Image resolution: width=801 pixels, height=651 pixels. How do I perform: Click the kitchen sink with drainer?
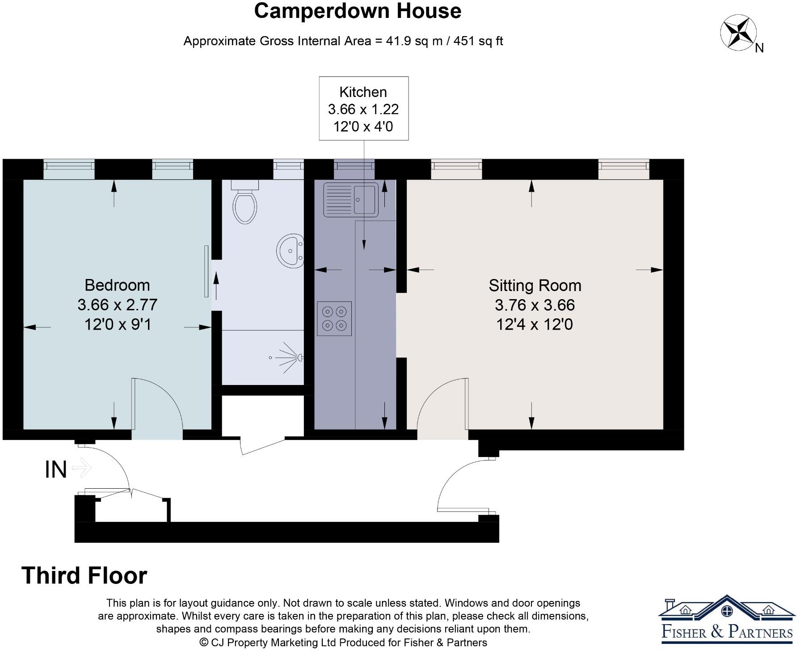pyautogui.click(x=351, y=199)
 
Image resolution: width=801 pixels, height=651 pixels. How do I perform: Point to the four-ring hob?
pyautogui.click(x=334, y=319)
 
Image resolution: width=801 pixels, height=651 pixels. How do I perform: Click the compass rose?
pyautogui.click(x=738, y=32)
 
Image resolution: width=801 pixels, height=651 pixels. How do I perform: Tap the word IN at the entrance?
pyautogui.click(x=56, y=470)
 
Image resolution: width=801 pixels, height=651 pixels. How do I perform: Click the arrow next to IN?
pyautogui.click(x=82, y=468)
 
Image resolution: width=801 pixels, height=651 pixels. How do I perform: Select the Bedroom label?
pyautogui.click(x=117, y=285)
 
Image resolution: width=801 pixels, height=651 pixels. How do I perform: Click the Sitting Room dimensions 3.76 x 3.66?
pyautogui.click(x=535, y=305)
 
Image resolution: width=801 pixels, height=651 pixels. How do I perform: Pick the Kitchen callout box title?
pyautogui.click(x=363, y=92)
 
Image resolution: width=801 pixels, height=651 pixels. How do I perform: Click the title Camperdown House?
pyautogui.click(x=358, y=11)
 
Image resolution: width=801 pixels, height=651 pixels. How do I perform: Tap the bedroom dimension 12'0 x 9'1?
pyautogui.click(x=118, y=324)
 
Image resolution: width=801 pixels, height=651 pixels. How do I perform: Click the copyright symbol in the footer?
pyautogui.click(x=204, y=643)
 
